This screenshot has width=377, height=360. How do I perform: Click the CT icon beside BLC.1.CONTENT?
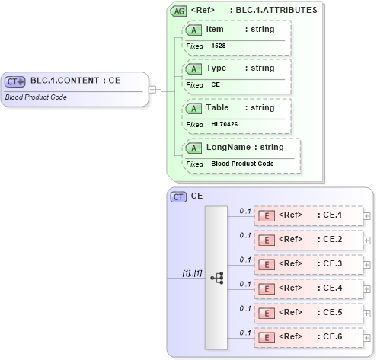coord(15,81)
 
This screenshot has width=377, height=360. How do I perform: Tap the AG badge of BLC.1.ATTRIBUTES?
coord(178,11)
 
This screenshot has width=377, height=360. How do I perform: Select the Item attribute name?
coord(215,29)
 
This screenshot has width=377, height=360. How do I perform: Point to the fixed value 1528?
coord(219,46)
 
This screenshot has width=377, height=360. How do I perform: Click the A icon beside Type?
coord(193,68)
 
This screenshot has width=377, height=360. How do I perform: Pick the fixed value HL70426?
coord(225,124)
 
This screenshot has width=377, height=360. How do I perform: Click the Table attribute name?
coord(217,107)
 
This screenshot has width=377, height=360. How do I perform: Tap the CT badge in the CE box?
coord(178,196)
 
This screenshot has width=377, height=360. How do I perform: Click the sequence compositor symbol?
coord(217,278)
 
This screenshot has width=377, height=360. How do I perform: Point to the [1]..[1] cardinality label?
coord(191,272)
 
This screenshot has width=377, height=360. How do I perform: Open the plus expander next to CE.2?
coord(367,240)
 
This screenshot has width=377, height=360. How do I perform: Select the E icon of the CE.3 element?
coord(267,264)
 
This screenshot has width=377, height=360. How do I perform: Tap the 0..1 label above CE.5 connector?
coord(245,308)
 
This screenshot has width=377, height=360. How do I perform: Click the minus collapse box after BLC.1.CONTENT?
coord(152,89)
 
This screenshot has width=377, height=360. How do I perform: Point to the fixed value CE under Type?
coord(216,84)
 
